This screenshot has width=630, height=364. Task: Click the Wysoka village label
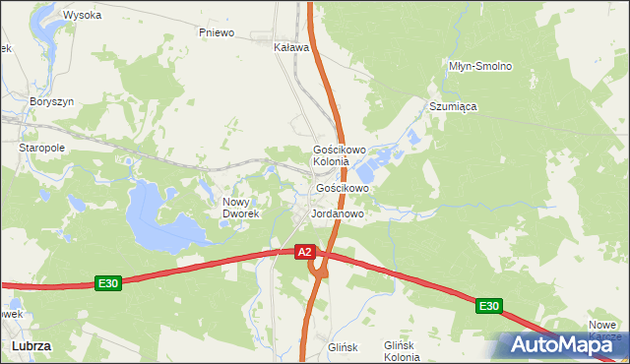(x=82, y=15)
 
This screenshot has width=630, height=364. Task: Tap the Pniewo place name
(x=216, y=32)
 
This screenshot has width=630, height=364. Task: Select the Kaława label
(x=291, y=46)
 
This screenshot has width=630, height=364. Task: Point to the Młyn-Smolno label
(x=480, y=66)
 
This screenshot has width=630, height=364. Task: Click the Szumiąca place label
(x=453, y=106)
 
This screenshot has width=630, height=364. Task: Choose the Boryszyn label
(x=52, y=101)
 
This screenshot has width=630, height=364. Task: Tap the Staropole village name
(x=41, y=148)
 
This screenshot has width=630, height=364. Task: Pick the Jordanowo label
(x=338, y=213)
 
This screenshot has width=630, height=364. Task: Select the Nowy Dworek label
(x=240, y=207)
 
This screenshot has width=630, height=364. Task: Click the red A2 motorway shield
(x=305, y=252)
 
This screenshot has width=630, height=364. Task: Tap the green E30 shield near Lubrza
(x=108, y=283)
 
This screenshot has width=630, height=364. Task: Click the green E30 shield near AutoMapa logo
(x=489, y=307)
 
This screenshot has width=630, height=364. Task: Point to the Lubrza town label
(x=31, y=346)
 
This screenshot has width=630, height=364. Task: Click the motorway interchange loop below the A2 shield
(x=317, y=266)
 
